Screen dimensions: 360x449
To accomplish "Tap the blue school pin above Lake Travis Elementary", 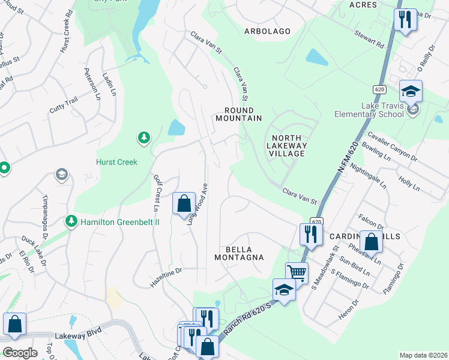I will point(411,91).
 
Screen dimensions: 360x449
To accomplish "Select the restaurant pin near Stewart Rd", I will point(405,19).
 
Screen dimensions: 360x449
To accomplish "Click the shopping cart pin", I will point(296,272).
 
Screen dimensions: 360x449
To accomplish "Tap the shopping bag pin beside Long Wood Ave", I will point(184,203).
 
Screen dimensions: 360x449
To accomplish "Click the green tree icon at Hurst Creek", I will point(143,139).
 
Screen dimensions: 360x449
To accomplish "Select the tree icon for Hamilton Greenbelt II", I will point(71,221).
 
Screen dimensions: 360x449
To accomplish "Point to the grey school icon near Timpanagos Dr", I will point(61,175).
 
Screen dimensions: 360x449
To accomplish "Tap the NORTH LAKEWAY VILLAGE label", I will point(286,146).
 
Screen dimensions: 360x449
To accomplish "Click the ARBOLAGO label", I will point(267,31).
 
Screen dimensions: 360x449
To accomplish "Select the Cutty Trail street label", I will point(64,107).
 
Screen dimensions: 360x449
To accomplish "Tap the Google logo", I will point(20,353).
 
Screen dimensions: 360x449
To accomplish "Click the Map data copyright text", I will point(423,355).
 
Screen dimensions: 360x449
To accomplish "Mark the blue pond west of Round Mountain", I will point(177,128).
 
